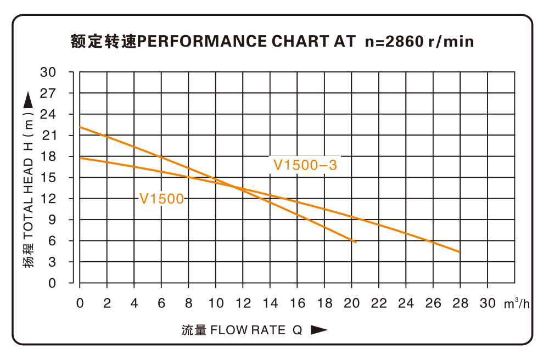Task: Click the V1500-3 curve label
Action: tap(305, 165)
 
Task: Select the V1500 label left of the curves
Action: tap(161, 199)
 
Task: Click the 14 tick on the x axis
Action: tap(270, 303)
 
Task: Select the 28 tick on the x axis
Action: tap(460, 303)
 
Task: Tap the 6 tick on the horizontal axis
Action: tap(161, 303)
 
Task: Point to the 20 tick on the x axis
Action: tap(351, 303)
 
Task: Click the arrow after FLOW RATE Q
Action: tap(319, 330)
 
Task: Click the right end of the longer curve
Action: tap(460, 252)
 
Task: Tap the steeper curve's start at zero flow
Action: tap(80, 127)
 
